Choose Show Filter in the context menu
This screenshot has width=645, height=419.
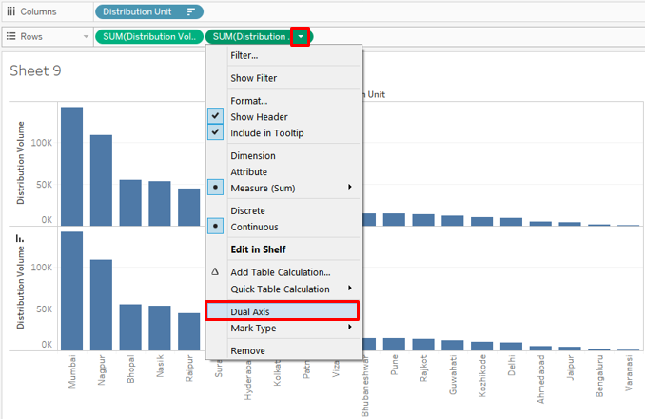[x=254, y=78]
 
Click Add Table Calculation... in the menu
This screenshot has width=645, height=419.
[x=280, y=272]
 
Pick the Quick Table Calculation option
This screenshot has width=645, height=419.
[x=280, y=289]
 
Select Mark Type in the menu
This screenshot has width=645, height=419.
[x=254, y=328]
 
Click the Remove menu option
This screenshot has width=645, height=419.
[x=248, y=350]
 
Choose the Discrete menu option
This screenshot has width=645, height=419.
[x=247, y=210]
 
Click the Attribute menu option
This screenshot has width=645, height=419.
[x=249, y=171]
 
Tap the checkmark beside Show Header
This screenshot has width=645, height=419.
[x=215, y=116]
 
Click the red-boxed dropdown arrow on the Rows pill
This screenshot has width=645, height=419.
[x=301, y=36]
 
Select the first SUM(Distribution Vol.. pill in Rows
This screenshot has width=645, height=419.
[x=148, y=36]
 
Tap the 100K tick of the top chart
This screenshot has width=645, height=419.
[x=39, y=141]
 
